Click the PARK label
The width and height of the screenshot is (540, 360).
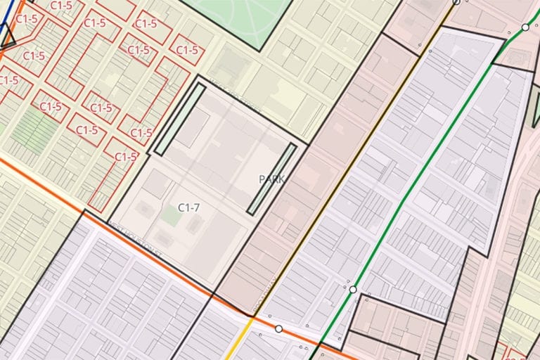point(271,179)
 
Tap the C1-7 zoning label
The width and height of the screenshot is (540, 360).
point(188,207)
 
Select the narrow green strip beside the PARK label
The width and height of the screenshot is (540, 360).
point(271,179)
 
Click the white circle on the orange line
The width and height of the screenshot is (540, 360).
point(278,328)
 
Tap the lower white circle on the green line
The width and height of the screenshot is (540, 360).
point(353,289)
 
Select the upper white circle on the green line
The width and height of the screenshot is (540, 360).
point(525,27)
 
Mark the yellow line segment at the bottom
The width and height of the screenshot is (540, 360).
point(245,342)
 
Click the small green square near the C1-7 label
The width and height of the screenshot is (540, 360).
point(169,214)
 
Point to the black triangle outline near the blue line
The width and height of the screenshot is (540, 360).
point(8,39)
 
